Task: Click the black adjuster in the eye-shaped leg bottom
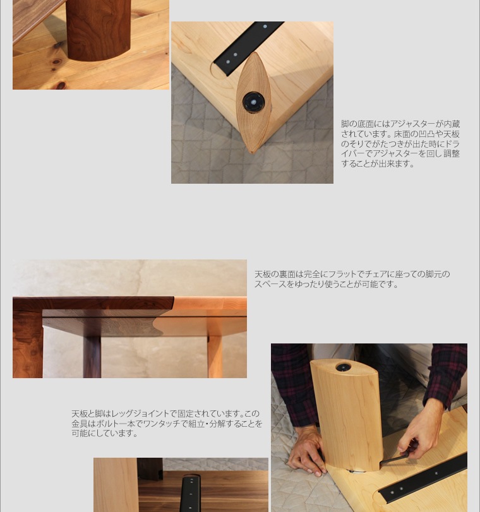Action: point(253,102)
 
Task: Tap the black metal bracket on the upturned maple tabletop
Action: point(248,48)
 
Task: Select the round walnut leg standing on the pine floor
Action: point(98,30)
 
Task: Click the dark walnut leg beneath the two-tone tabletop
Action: point(92,357)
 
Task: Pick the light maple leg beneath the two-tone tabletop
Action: point(215,357)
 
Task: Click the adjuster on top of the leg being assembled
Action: point(343,367)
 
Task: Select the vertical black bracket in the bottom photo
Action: point(191,494)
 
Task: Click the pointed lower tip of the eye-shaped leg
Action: point(252,152)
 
